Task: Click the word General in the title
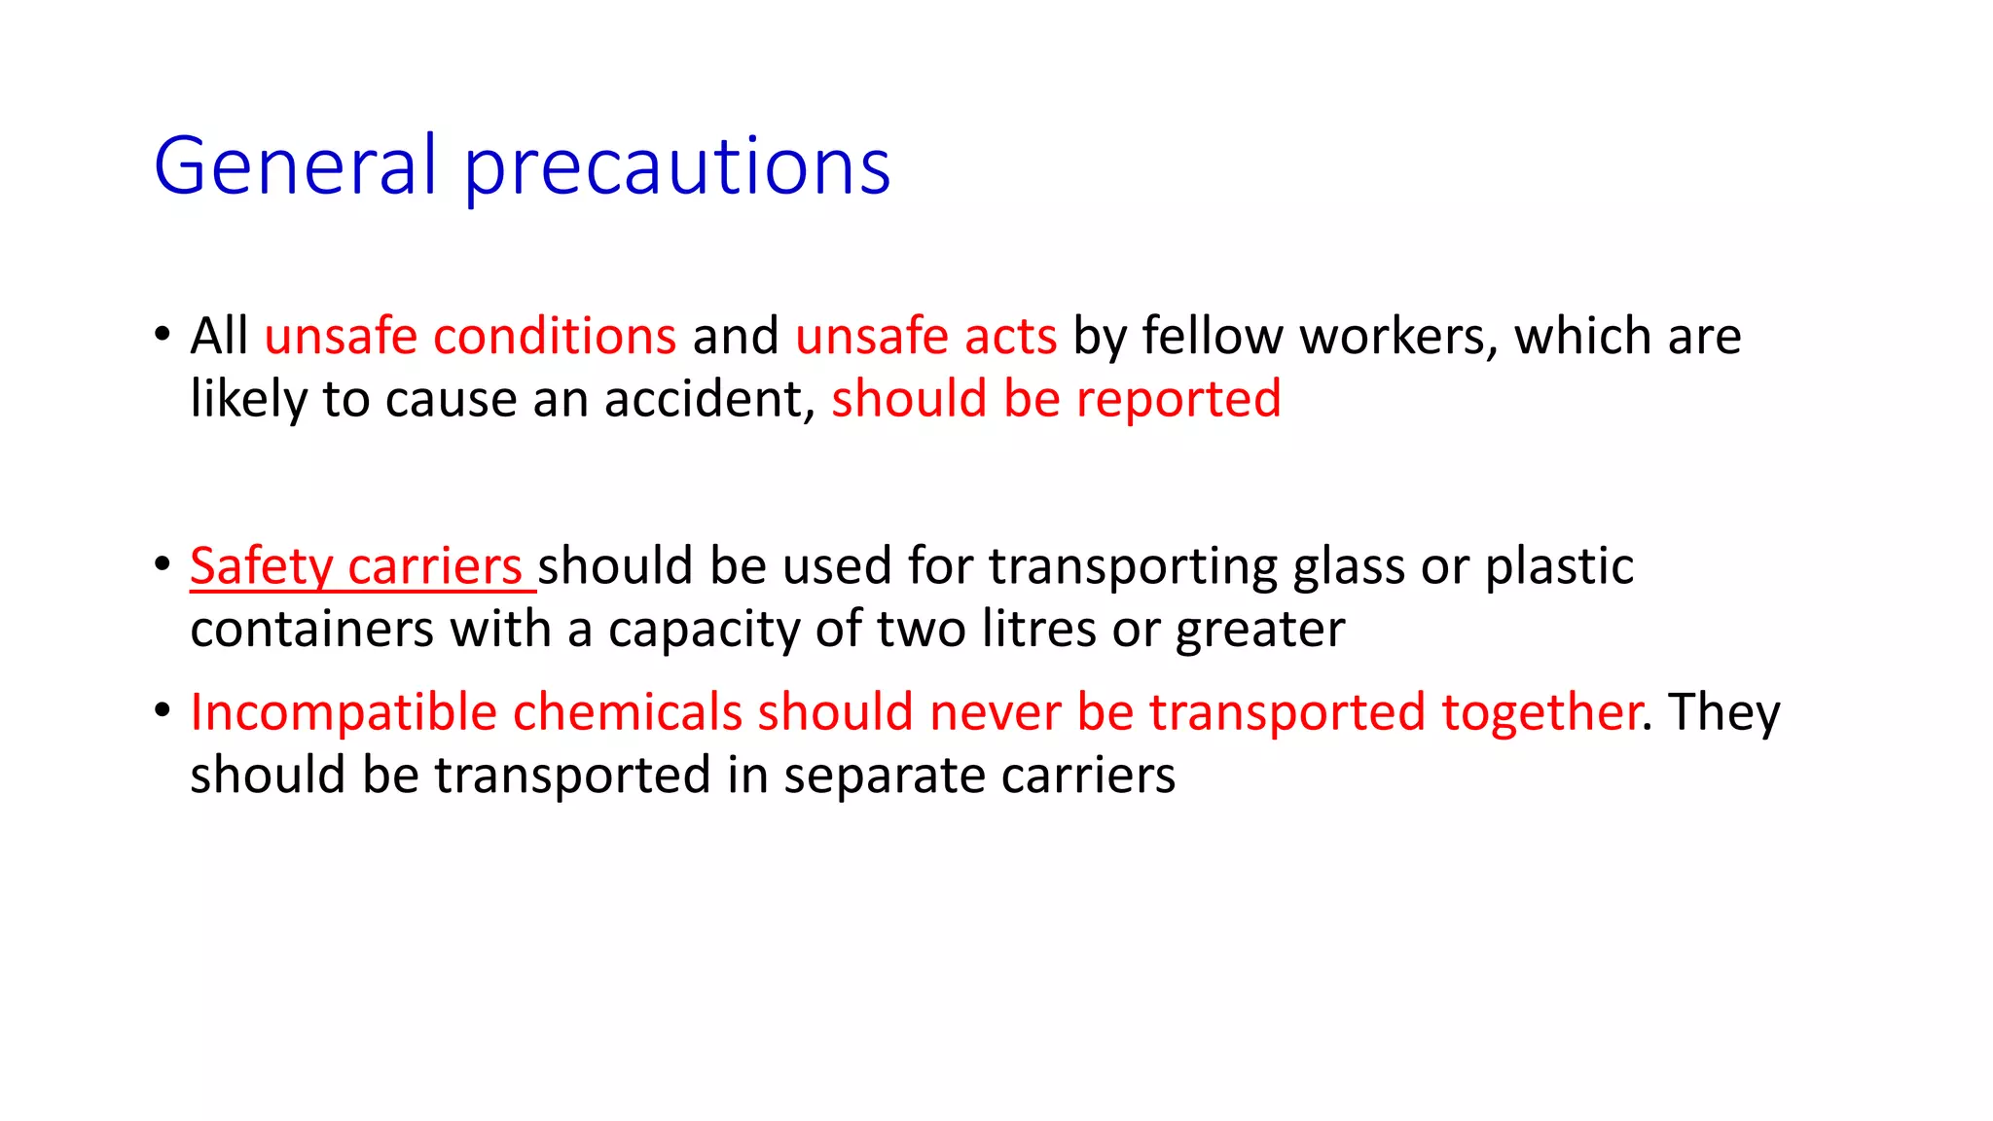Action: (x=294, y=165)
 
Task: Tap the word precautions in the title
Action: (x=677, y=167)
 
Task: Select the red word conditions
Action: (x=555, y=336)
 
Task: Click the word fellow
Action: (x=1213, y=336)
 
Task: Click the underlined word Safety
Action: (x=261, y=566)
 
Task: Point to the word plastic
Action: (x=1559, y=566)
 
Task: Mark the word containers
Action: (x=312, y=630)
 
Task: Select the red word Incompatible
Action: (x=344, y=712)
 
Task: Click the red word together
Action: (x=1541, y=712)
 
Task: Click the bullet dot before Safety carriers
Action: (x=163, y=564)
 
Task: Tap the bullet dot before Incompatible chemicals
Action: (x=163, y=710)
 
